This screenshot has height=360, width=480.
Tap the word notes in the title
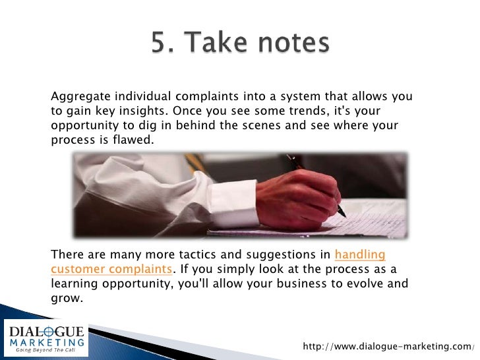point(291,44)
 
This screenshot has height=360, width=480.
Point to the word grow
point(66,298)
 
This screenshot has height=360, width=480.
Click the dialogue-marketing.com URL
point(387,347)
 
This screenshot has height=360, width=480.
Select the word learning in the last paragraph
point(79,284)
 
